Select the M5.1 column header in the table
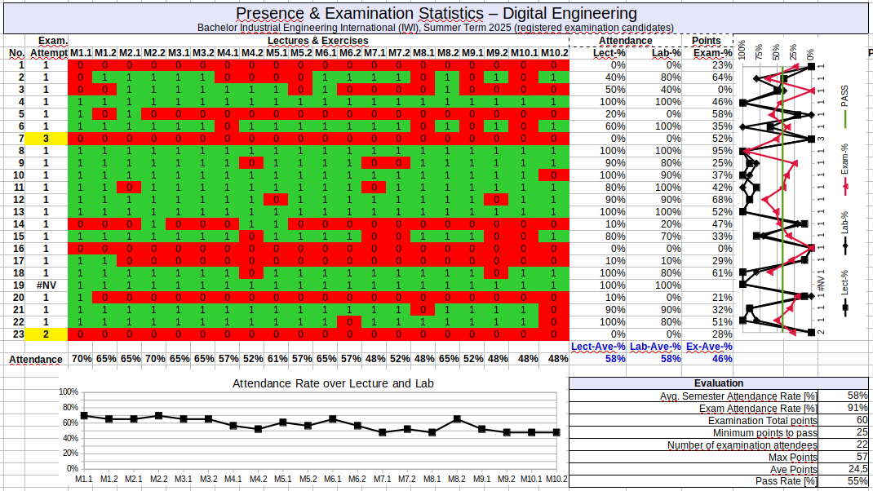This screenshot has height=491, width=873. click(277, 53)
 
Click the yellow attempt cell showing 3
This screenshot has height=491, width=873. click(46, 139)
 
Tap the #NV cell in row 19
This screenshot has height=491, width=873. click(46, 285)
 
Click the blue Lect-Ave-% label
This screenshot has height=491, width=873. click(598, 347)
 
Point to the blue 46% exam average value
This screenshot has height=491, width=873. click(720, 359)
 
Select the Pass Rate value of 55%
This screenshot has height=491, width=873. click(857, 481)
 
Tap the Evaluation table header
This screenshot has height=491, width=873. click(718, 383)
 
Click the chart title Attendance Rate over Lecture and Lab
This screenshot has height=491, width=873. click(333, 383)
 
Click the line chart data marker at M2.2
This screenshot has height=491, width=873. click(158, 416)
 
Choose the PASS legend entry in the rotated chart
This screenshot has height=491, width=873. click(844, 96)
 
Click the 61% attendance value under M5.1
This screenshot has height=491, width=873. click(277, 359)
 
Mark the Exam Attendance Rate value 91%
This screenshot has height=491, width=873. click(857, 408)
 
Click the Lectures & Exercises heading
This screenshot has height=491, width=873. click(317, 41)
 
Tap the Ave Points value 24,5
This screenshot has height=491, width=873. click(856, 469)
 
